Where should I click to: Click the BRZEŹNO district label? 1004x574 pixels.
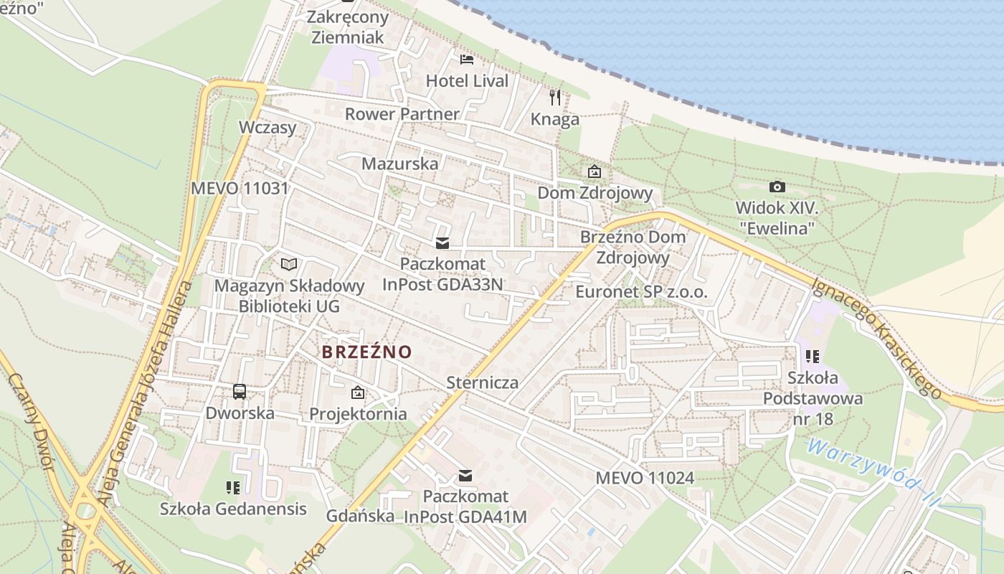click(367, 352)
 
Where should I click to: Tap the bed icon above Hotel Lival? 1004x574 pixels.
click(467, 59)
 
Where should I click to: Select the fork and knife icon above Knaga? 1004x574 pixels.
click(554, 98)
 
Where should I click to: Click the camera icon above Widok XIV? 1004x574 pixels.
click(777, 187)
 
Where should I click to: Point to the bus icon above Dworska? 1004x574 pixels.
click(240, 392)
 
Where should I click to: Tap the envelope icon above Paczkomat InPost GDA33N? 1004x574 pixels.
click(442, 243)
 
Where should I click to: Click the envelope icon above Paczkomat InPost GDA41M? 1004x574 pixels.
click(465, 475)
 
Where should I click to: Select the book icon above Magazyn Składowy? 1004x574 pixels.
click(289, 265)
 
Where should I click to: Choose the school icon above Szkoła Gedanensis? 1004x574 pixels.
click(233, 488)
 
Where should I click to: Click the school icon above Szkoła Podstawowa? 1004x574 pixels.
click(813, 356)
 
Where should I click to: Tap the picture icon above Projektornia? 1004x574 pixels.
click(357, 392)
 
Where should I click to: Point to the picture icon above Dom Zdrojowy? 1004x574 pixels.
click(595, 171)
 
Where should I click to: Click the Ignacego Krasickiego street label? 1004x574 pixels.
click(876, 337)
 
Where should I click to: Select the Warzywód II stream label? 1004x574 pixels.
click(871, 473)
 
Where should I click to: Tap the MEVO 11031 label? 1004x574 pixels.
click(240, 189)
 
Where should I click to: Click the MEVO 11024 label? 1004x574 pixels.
click(645, 478)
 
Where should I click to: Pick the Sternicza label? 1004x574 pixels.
click(482, 382)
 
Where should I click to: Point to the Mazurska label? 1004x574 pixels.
click(399, 163)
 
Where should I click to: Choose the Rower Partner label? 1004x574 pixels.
click(402, 113)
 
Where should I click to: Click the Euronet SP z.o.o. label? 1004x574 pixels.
click(641, 292)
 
